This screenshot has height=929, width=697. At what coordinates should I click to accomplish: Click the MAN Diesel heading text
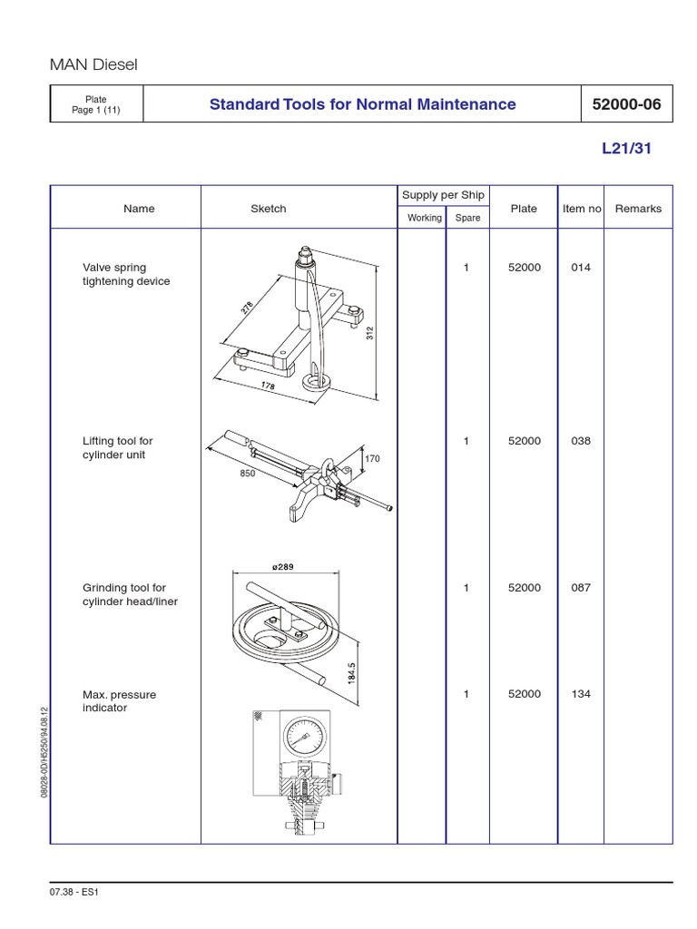click(93, 64)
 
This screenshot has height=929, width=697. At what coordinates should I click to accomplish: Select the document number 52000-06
click(625, 104)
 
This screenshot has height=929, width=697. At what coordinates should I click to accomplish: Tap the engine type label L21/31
click(626, 150)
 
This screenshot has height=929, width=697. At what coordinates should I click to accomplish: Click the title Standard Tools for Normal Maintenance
click(362, 104)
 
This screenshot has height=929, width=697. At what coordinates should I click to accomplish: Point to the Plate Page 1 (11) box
click(96, 104)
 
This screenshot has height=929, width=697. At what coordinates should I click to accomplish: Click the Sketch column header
click(268, 209)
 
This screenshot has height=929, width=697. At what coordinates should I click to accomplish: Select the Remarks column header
click(638, 209)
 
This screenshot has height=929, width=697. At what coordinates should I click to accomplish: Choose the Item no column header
click(582, 209)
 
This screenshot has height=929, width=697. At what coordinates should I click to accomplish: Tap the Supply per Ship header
click(443, 195)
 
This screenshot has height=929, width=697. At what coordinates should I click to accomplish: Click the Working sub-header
click(424, 218)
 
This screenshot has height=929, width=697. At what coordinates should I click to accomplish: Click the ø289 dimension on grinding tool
click(282, 567)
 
